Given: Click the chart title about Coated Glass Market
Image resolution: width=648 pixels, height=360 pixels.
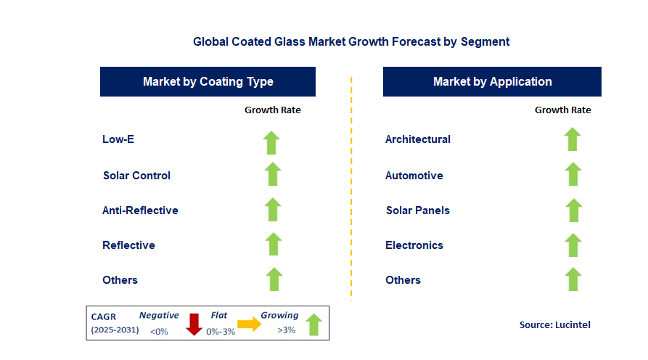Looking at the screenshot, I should click(x=351, y=41).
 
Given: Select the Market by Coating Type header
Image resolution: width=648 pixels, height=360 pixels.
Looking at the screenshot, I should click(x=208, y=81).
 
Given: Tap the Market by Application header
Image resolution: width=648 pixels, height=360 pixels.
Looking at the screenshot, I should click(x=492, y=81).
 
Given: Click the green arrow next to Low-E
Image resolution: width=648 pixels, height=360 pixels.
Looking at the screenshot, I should click(x=272, y=142).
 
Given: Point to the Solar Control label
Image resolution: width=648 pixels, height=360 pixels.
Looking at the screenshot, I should click(x=136, y=176).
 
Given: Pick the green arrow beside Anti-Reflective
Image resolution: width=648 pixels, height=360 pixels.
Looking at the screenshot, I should click(x=272, y=210).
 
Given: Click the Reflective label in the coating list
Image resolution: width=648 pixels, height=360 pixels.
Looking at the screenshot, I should click(x=128, y=245).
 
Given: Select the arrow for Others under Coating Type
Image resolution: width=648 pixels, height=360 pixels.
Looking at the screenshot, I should click(x=273, y=279).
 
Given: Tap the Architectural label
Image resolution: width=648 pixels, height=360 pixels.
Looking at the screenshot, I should click(x=417, y=139).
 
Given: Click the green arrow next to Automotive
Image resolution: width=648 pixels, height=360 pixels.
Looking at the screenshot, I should click(x=573, y=175).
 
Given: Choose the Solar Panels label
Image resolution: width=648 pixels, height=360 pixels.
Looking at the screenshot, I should click(x=417, y=210).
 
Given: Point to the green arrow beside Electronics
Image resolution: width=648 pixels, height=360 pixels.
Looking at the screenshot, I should click(x=573, y=245).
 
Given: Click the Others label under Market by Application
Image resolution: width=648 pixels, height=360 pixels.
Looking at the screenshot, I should click(x=403, y=280).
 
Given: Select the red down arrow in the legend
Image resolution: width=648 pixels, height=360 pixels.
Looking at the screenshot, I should click(x=194, y=324).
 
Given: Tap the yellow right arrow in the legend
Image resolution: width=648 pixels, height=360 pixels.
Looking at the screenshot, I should click(x=250, y=324).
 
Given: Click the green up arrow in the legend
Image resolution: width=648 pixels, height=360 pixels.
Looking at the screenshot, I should click(x=313, y=324).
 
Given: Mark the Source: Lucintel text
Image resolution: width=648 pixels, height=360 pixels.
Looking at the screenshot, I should click(x=554, y=324).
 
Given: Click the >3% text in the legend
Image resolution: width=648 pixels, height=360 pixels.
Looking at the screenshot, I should click(x=287, y=331).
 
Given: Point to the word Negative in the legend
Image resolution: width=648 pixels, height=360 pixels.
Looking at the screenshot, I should click(x=158, y=316).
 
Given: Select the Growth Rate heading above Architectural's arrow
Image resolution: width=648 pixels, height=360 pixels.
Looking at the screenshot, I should click(x=562, y=110).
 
